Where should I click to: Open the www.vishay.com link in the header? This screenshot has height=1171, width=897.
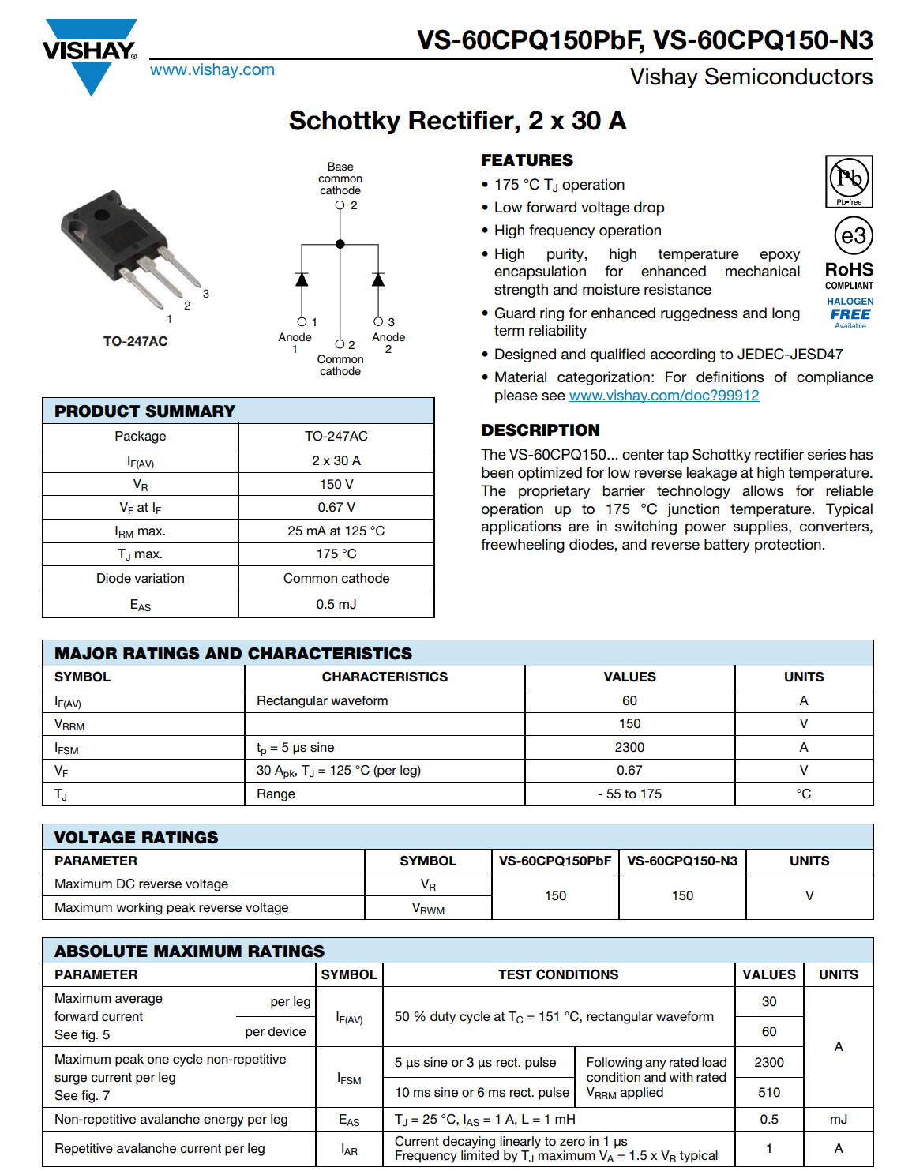click(212, 69)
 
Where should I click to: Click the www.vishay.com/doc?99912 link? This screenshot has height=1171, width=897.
click(664, 396)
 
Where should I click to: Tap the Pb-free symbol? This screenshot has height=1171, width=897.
click(849, 181)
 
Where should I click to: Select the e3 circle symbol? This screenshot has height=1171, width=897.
click(853, 235)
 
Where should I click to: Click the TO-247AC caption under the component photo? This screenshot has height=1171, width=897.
click(135, 341)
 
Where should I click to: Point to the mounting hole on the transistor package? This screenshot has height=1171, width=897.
click(102, 214)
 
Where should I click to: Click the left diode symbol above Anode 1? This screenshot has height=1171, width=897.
click(302, 280)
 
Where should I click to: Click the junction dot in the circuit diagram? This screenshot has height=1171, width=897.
click(340, 244)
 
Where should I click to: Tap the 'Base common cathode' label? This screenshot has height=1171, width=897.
click(340, 178)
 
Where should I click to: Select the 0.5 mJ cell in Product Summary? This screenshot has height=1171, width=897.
click(336, 604)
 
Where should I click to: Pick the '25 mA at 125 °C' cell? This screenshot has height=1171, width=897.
click(336, 531)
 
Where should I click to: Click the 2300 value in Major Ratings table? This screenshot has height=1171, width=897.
click(629, 747)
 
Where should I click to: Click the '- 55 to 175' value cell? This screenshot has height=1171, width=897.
click(629, 794)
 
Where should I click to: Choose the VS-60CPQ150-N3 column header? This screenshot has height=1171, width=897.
click(682, 861)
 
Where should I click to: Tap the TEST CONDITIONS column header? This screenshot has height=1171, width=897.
click(558, 974)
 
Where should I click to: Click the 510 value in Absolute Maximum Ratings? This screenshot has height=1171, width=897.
click(769, 1092)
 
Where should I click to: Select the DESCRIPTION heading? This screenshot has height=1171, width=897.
click(541, 430)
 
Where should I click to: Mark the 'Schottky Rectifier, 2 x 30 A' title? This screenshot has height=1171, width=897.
click(457, 121)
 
